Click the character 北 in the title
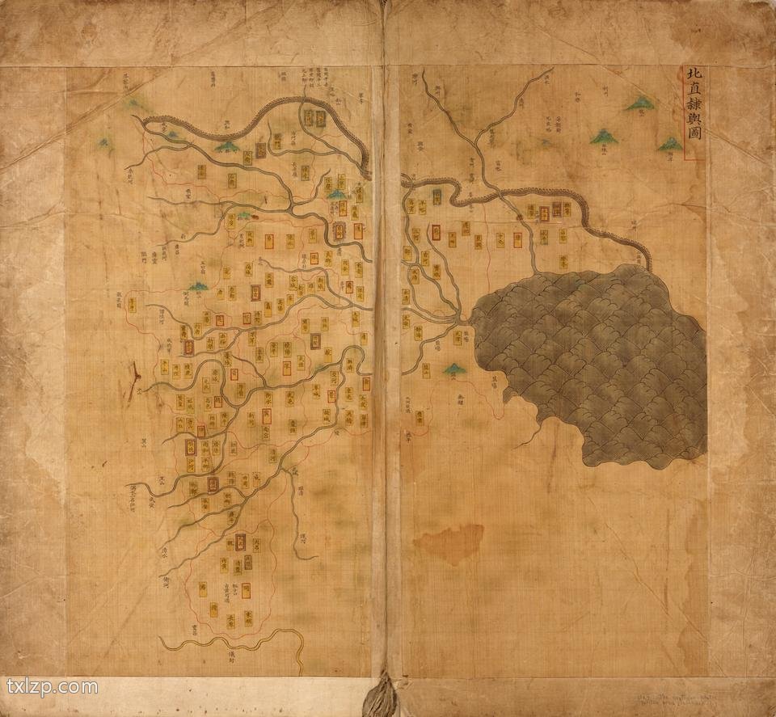tap(693, 75)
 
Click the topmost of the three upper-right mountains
tap(640, 103)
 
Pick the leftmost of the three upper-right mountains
tap(603, 137)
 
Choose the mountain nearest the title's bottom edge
tap(669, 145)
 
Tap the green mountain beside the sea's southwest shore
tap(454, 369)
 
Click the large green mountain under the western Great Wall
tap(227, 146)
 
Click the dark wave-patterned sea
tap(598, 356)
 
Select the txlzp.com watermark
tap(52, 688)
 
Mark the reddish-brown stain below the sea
tap(449, 542)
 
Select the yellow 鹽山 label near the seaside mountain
tap(420, 418)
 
